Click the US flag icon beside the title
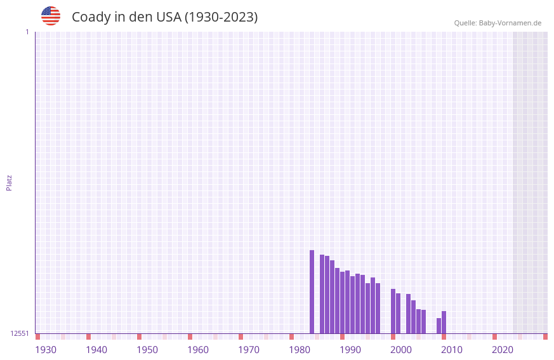pyautogui.click(x=51, y=16)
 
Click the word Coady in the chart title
pyautogui.click(x=91, y=17)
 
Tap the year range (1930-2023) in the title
pyautogui.click(x=221, y=17)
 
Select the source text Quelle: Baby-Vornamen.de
pyautogui.click(x=498, y=23)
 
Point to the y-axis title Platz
pyautogui.click(x=9, y=182)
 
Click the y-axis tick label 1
pyautogui.click(x=27, y=32)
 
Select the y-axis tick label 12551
pyautogui.click(x=20, y=333)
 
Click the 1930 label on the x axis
pyautogui.click(x=46, y=350)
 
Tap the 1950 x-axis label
pyautogui.click(x=147, y=350)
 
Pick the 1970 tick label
pyautogui.click(x=249, y=350)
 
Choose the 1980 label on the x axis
pyautogui.click(x=300, y=350)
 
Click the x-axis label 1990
pyautogui.click(x=350, y=350)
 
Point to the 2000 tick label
pyautogui.click(x=401, y=350)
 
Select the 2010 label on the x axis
pyautogui.click(x=452, y=350)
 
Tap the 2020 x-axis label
pyautogui.click(x=503, y=350)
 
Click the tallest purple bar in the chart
pyautogui.click(x=312, y=291)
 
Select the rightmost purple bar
pyautogui.click(x=444, y=322)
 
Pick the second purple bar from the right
pyautogui.click(x=439, y=326)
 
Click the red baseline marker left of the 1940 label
pyautogui.click(x=88, y=337)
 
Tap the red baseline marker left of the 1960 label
pyautogui.click(x=190, y=337)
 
